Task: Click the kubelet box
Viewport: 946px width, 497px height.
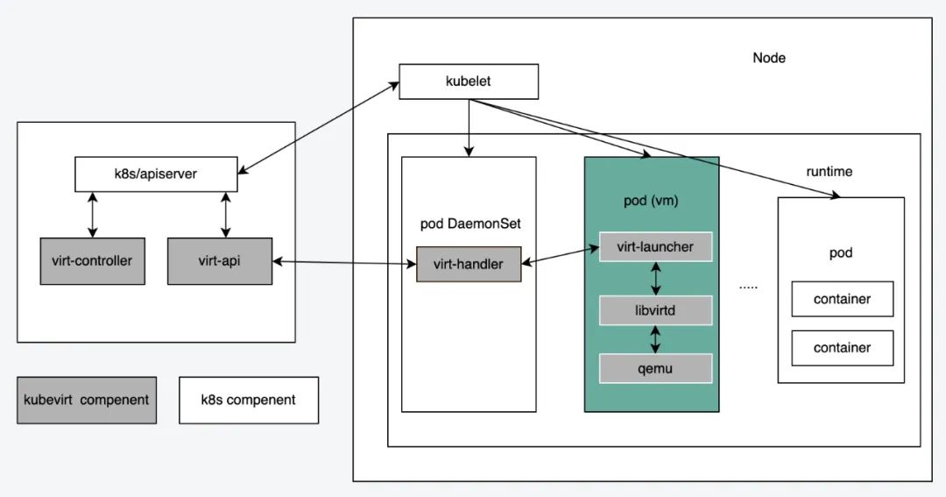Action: pyautogui.click(x=469, y=82)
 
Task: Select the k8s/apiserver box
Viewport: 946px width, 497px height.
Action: pyautogui.click(x=155, y=174)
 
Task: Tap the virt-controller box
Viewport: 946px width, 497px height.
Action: pyautogui.click(x=92, y=260)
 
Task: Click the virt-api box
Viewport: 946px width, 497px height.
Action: pyautogui.click(x=219, y=260)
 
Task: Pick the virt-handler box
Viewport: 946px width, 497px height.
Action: pyautogui.click(x=469, y=263)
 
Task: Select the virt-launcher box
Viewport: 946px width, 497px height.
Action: pyautogui.click(x=655, y=246)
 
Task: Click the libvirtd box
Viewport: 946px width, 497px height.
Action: pyautogui.click(x=655, y=310)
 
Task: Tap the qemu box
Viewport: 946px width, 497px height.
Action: pyautogui.click(x=655, y=368)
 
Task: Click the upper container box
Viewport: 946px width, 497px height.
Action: pyautogui.click(x=842, y=299)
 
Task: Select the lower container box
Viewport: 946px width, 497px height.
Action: pyautogui.click(x=842, y=347)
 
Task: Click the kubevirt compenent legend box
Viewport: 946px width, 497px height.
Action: pyautogui.click(x=86, y=400)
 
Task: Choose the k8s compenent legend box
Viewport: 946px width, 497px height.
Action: pyautogui.click(x=249, y=400)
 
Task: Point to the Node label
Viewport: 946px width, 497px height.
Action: pyautogui.click(x=769, y=58)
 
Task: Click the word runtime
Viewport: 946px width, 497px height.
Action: pyautogui.click(x=829, y=172)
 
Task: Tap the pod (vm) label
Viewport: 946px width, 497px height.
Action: pyautogui.click(x=651, y=201)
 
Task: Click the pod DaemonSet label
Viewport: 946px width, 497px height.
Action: pyautogui.click(x=470, y=224)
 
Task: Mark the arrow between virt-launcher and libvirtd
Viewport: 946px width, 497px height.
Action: pyautogui.click(x=656, y=279)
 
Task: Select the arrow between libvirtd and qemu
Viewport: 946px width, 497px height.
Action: pyautogui.click(x=656, y=339)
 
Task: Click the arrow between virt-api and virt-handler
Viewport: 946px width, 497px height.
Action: pyautogui.click(x=343, y=261)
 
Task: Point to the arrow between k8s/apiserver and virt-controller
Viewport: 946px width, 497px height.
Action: pyautogui.click(x=93, y=214)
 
